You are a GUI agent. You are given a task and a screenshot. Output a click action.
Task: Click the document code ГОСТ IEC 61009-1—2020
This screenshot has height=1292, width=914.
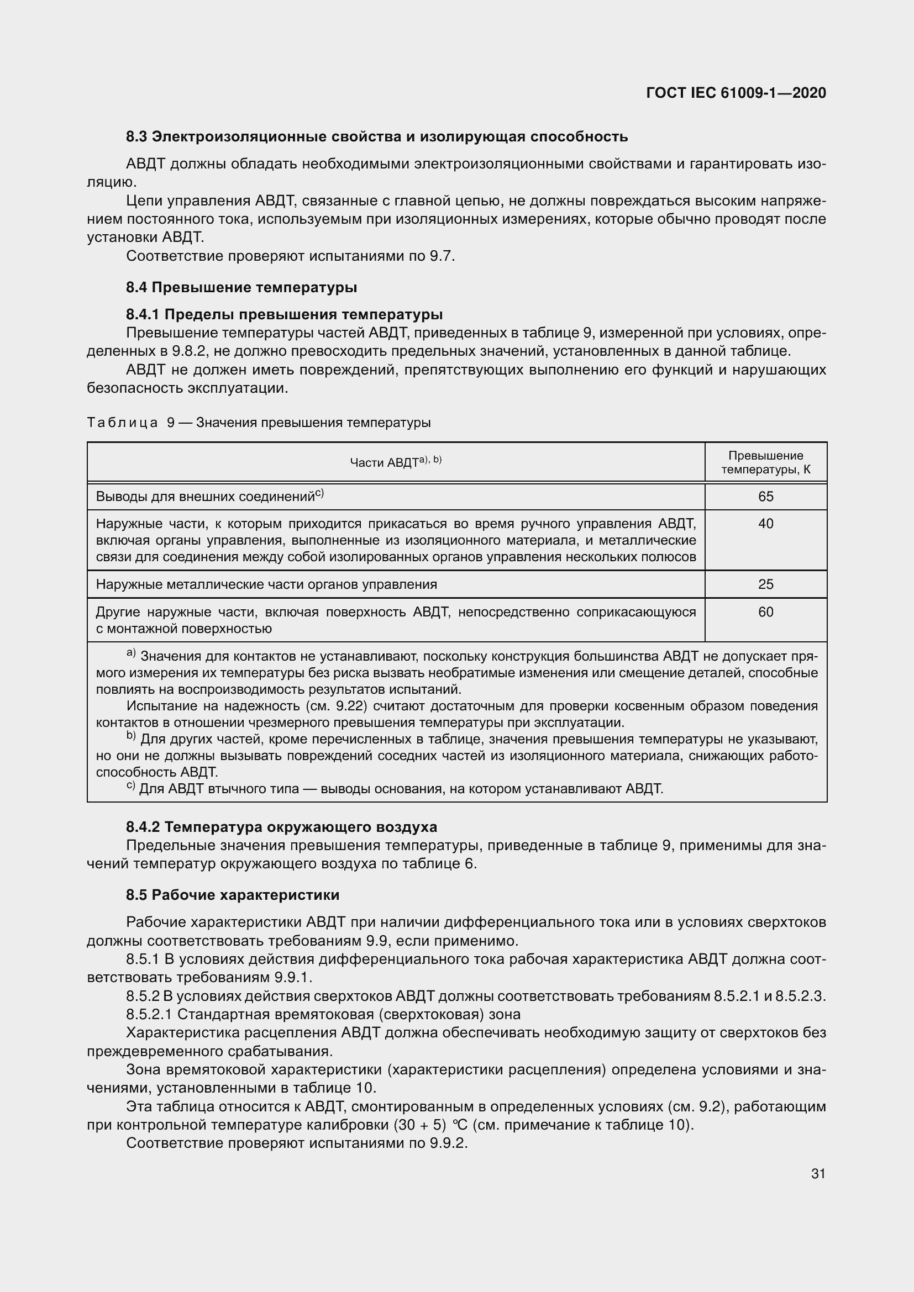[736, 93]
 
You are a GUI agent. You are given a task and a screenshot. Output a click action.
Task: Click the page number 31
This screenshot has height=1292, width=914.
[818, 1173]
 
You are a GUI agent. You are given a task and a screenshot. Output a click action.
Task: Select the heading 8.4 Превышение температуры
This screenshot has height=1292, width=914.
[241, 288]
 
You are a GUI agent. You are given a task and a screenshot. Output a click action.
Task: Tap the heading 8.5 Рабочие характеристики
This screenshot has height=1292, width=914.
[233, 895]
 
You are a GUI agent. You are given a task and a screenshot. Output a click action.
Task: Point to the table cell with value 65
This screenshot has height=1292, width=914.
[765, 497]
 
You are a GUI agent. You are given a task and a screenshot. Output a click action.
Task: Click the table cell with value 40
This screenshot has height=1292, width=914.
[765, 524]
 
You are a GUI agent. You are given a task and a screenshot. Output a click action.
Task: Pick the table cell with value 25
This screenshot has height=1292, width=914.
[765, 584]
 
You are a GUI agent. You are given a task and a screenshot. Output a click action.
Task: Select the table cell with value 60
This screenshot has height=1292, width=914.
[765, 611]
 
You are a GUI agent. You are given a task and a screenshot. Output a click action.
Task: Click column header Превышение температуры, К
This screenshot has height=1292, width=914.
[765, 462]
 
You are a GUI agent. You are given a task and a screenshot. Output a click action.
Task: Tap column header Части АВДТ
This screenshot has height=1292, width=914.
[396, 462]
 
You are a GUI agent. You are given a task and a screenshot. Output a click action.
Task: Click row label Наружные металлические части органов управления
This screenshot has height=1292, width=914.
[266, 584]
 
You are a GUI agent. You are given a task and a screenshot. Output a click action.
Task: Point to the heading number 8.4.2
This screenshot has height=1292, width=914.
[143, 827]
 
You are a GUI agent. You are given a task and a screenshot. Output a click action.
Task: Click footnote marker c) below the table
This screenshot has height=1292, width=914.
[130, 787]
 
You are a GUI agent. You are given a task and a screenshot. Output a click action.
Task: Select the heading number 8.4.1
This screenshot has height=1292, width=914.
[143, 314]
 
